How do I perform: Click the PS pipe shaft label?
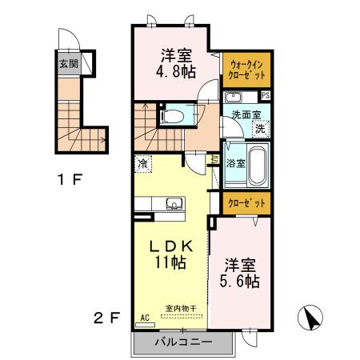[x=266, y=96]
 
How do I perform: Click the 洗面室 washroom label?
[x=245, y=114]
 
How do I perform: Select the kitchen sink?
[x=173, y=205]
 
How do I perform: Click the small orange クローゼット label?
[x=246, y=202]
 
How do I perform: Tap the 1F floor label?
[x=72, y=178]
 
